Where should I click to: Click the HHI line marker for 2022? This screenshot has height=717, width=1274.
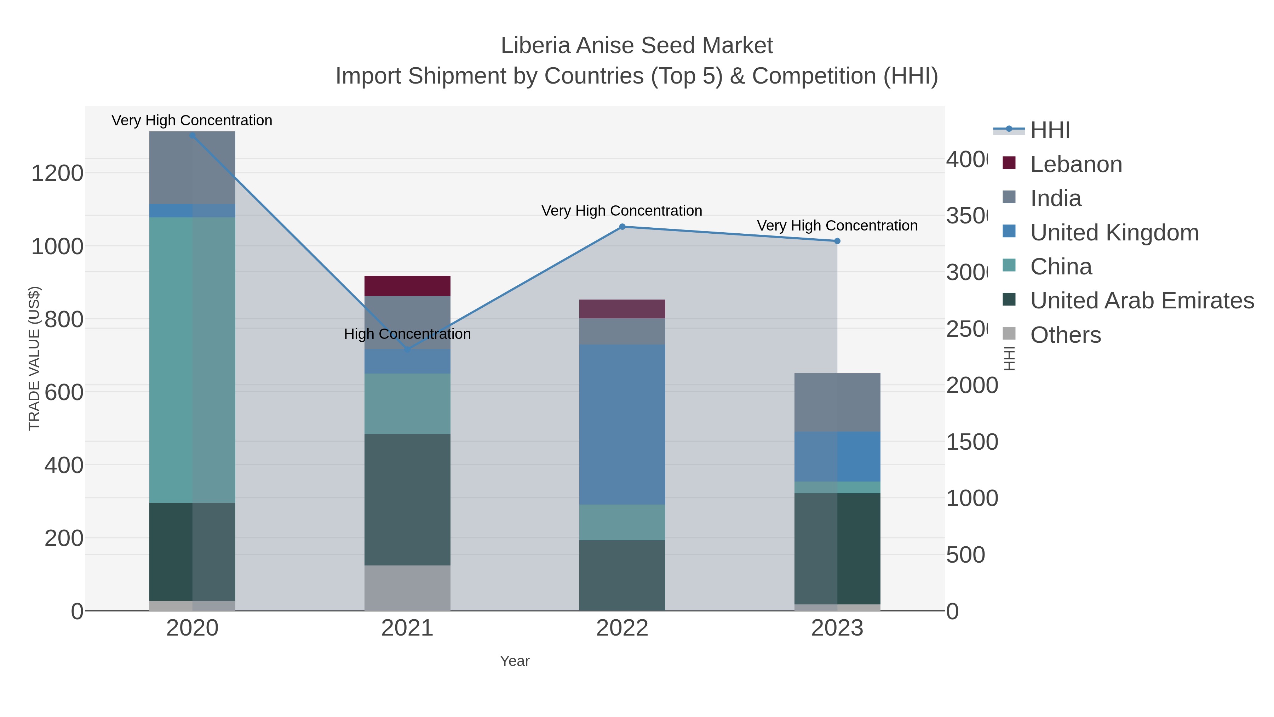(x=622, y=227)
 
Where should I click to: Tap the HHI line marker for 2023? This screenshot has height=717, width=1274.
(x=837, y=241)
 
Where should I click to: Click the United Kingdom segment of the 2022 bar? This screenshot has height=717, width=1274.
(x=622, y=424)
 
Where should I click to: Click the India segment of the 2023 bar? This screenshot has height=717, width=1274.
(x=837, y=402)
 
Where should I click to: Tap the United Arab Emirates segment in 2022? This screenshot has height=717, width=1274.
(x=622, y=575)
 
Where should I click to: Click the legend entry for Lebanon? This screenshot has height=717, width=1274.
(x=1076, y=164)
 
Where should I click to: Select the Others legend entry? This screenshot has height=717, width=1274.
(x=1065, y=335)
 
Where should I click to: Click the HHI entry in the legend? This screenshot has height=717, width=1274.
(x=1050, y=130)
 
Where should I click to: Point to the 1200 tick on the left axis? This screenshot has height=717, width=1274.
(x=57, y=174)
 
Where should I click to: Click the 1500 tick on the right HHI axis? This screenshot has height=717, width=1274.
(x=971, y=442)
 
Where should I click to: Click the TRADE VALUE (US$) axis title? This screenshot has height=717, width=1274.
(x=34, y=358)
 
